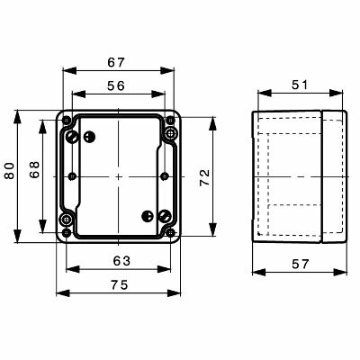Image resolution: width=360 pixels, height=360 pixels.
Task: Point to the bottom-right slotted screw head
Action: coord(165,215)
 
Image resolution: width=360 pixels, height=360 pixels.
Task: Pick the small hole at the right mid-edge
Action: coord(164,176)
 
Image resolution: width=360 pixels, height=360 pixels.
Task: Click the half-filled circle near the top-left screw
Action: coord(89,137)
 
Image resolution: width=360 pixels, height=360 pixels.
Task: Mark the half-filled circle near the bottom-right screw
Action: coord(148,215)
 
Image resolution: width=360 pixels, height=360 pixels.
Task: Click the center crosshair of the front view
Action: coord(118,176)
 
